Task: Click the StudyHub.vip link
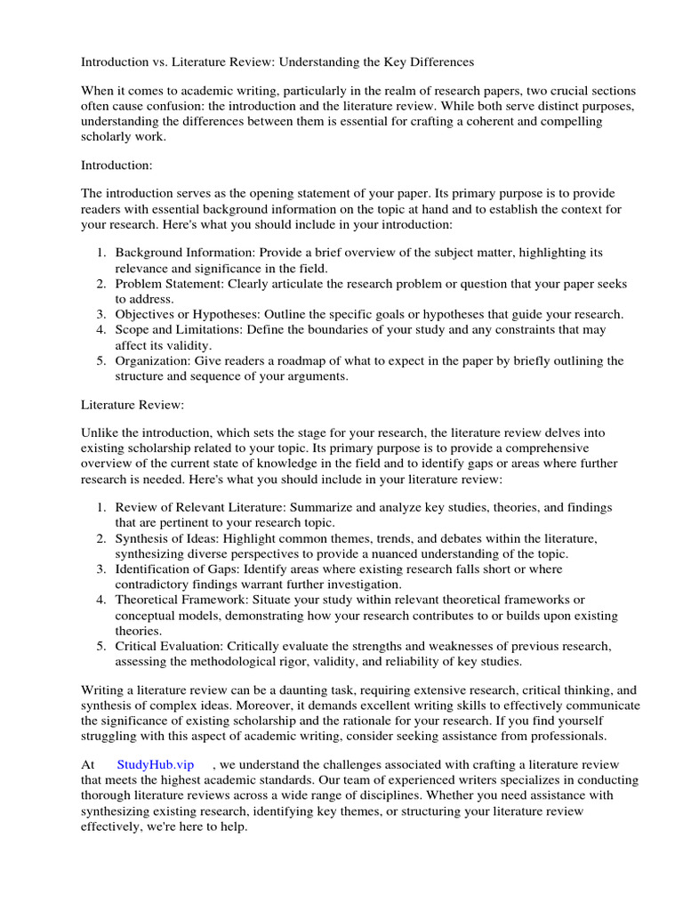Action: [155, 764]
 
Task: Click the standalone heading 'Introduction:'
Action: [117, 165]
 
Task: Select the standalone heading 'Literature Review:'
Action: [133, 405]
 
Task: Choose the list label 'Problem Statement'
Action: [169, 284]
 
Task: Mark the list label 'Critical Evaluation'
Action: [169, 645]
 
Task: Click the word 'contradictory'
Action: [155, 584]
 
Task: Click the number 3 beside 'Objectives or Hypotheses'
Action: [101, 314]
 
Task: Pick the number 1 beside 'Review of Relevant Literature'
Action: [101, 507]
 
